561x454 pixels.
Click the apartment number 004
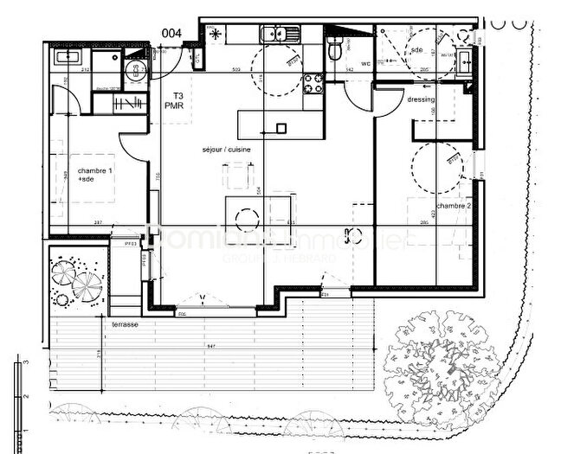[x=171, y=33]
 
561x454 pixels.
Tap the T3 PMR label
[x=178, y=100]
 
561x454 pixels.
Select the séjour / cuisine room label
[x=227, y=150]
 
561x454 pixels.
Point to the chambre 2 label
[x=454, y=206]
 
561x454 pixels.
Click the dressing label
[x=421, y=99]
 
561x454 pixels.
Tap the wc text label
[x=365, y=63]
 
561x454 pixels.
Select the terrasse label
[x=125, y=323]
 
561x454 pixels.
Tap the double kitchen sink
[x=282, y=35]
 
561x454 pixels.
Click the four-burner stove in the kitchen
[x=312, y=84]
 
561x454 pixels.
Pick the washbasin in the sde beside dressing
[x=465, y=59]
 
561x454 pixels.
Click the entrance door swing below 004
[x=170, y=61]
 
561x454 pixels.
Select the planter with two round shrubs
[x=77, y=279]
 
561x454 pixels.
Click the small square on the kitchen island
[x=280, y=128]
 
